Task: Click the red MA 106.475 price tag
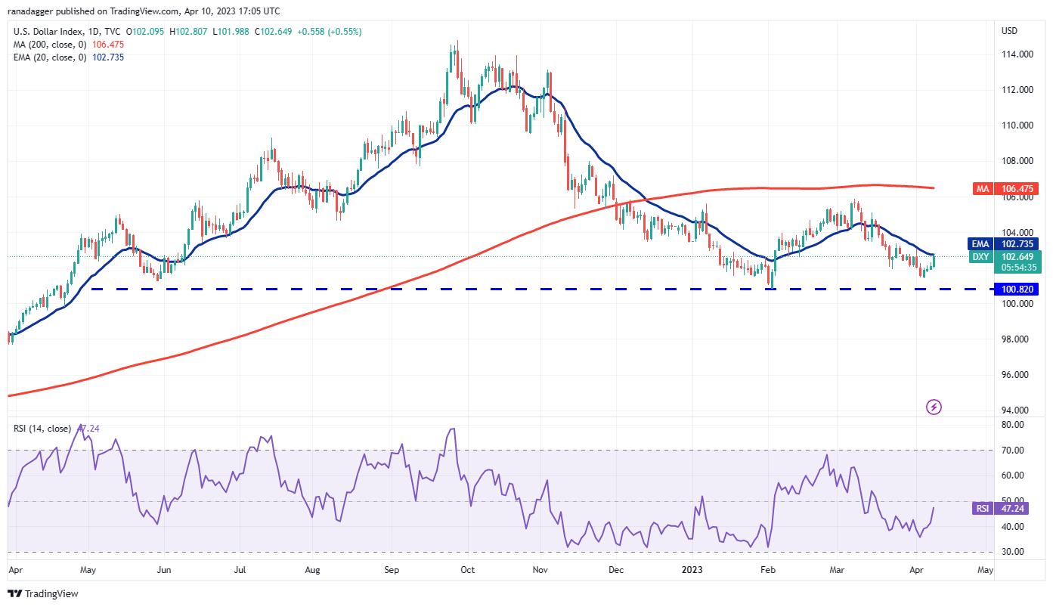pyautogui.click(x=1018, y=189)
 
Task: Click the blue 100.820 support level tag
pyautogui.click(x=1018, y=289)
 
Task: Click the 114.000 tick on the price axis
pyautogui.click(x=1017, y=54)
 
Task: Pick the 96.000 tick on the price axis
pyautogui.click(x=1017, y=375)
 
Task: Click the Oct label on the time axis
pyautogui.click(x=467, y=570)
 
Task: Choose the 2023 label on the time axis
pyautogui.click(x=693, y=570)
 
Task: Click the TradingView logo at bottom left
pyautogui.click(x=43, y=594)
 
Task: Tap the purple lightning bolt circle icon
pyautogui.click(x=934, y=407)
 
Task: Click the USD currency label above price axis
pyautogui.click(x=1009, y=31)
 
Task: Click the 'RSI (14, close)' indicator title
pyautogui.click(x=42, y=429)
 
